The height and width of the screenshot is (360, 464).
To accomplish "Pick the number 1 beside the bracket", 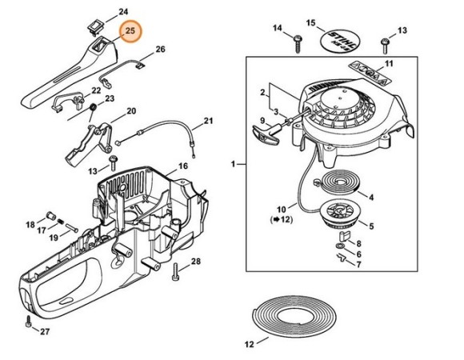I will click(233, 163).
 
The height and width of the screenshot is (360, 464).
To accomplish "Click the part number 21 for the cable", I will click(208, 122).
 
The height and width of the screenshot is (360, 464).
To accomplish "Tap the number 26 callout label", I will click(160, 50).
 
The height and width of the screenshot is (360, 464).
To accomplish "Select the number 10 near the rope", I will click(281, 210).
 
